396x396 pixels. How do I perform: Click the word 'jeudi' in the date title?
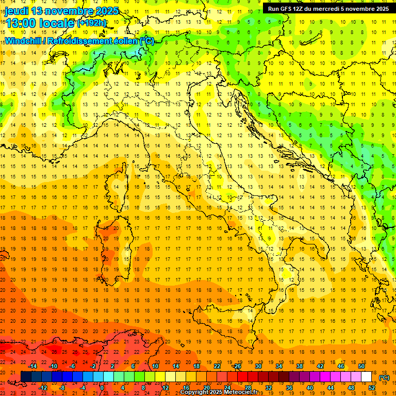click(x=16, y=11)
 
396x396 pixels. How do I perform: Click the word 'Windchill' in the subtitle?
click(x=24, y=41)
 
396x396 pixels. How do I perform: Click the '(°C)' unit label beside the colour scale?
click(x=384, y=377)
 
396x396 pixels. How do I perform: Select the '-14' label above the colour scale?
click(x=34, y=366)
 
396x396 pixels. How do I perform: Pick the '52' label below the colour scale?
click(x=372, y=388)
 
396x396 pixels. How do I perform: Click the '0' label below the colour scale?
click(x=102, y=388)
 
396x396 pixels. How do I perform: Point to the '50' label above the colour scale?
click(x=361, y=366)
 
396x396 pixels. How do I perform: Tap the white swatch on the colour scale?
click(x=367, y=377)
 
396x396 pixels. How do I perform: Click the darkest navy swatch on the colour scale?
click(x=26, y=377)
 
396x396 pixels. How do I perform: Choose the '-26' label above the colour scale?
click(x=237, y=366)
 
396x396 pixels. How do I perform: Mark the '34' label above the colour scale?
click(x=278, y=366)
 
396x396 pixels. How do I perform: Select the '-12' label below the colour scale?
click(x=44, y=388)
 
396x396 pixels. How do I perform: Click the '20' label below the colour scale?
click(x=206, y=388)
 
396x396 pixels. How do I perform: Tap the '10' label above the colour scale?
click(x=154, y=366)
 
